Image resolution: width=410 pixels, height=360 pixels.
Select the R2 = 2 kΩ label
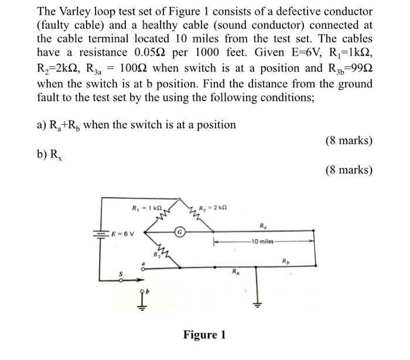[x=213, y=208]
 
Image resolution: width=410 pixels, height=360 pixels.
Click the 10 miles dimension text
[x=261, y=241]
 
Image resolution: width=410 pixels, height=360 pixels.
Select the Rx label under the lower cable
[x=234, y=271]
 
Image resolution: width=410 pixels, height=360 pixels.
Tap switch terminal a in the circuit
[x=141, y=265]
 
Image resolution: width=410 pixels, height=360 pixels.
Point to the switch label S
[x=122, y=273]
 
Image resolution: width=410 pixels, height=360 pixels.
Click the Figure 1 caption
[x=204, y=335]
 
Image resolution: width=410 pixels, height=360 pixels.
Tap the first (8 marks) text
[x=348, y=141]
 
